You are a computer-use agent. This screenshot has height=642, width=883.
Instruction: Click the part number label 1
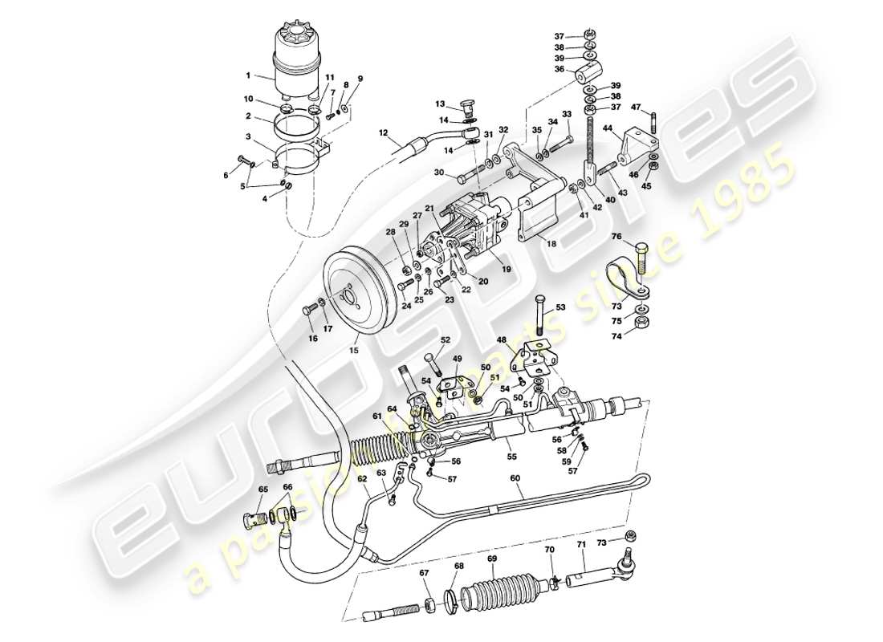(x=248, y=76)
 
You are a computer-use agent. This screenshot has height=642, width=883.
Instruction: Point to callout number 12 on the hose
(x=384, y=133)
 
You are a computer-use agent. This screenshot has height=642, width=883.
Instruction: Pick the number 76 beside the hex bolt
(x=617, y=236)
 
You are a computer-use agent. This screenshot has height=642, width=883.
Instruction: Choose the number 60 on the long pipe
(x=515, y=477)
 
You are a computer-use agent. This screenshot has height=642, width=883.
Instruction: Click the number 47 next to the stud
(x=636, y=107)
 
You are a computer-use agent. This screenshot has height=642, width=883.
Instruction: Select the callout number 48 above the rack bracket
(x=500, y=339)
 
